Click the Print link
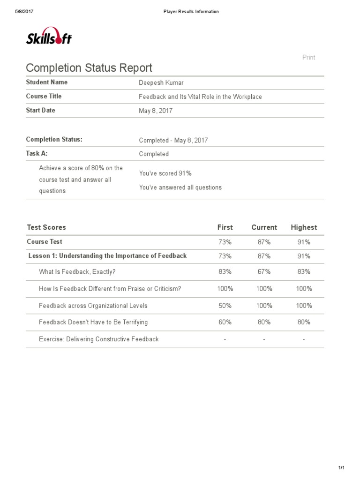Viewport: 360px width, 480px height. point(308,57)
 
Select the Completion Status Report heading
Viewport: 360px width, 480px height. point(89,68)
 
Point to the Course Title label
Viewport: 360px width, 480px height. point(44,97)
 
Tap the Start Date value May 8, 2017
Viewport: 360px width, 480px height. point(156,111)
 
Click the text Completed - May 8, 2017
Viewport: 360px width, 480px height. point(173,140)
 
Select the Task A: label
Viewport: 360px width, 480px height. point(37,153)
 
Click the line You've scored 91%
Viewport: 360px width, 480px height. point(165,173)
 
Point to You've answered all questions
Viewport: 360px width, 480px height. point(180,187)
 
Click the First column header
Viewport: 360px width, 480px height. point(225,227)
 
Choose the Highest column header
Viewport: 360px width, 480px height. point(304,227)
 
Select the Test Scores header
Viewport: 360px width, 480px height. point(46,227)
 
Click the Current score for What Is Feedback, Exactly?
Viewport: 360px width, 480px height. point(264,272)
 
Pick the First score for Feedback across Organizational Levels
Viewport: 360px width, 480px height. point(225,306)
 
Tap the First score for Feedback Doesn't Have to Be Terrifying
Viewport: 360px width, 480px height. point(225,322)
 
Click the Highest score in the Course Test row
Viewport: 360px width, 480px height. point(304,242)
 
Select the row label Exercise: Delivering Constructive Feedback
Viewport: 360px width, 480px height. point(99,339)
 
